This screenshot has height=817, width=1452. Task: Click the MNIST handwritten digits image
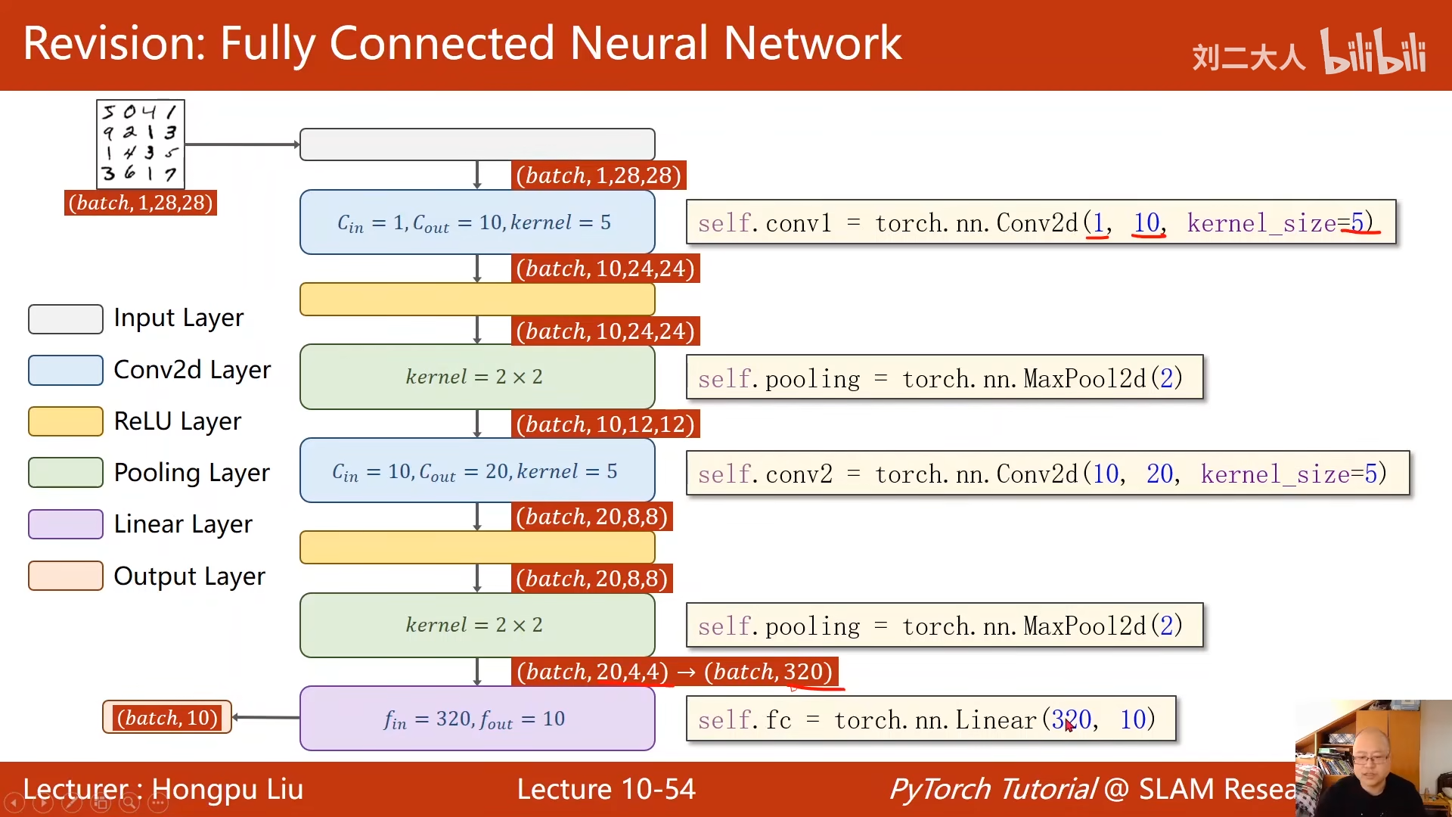click(x=141, y=144)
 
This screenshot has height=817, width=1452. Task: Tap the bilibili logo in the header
click(x=1373, y=52)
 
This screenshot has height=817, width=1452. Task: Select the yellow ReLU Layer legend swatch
click(x=66, y=421)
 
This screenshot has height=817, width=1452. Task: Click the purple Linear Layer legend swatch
click(x=66, y=524)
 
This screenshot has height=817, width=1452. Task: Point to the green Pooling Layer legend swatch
click(x=66, y=473)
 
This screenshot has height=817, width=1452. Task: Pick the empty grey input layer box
click(x=477, y=144)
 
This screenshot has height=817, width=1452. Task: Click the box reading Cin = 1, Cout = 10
click(x=477, y=222)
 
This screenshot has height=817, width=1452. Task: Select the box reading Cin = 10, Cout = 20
click(x=477, y=471)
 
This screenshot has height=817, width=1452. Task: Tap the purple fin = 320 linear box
click(x=477, y=719)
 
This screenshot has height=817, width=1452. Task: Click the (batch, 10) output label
click(x=167, y=717)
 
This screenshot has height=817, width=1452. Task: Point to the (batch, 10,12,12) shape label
click(x=605, y=424)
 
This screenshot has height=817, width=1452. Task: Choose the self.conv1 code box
click(x=1041, y=222)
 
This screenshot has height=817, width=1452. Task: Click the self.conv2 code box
click(x=1047, y=474)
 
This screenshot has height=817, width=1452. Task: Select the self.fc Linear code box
click(x=930, y=719)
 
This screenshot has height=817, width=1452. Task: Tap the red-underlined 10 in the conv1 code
click(x=1146, y=222)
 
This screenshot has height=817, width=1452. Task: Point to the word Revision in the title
click(x=113, y=43)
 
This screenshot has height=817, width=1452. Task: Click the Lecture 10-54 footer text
click(x=606, y=789)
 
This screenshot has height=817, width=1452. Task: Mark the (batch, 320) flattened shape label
click(x=768, y=672)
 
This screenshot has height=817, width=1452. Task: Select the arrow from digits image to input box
click(x=242, y=144)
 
